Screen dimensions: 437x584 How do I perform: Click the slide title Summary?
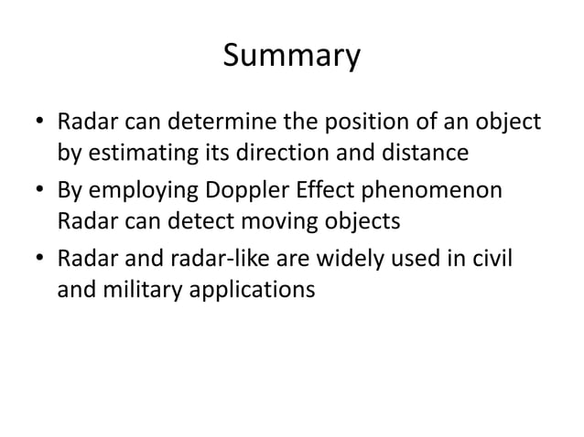coord(292,57)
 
